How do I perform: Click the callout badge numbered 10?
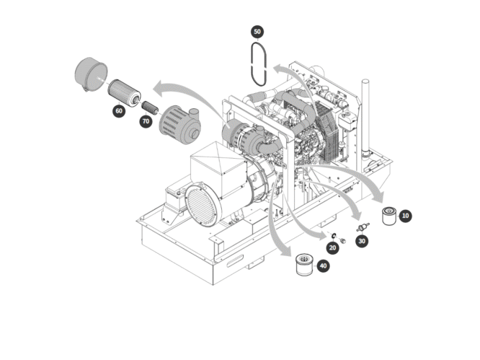pyautogui.click(x=406, y=215)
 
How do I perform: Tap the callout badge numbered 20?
pyautogui.click(x=332, y=247)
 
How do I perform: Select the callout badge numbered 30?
pyautogui.click(x=362, y=241)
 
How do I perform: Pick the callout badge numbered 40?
pyautogui.click(x=323, y=266)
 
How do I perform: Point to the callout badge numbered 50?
pyautogui.click(x=257, y=32)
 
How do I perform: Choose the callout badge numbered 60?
pyautogui.click(x=118, y=111)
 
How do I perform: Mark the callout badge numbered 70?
pyautogui.click(x=146, y=121)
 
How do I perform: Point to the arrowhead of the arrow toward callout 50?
pyautogui.click(x=275, y=70)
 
